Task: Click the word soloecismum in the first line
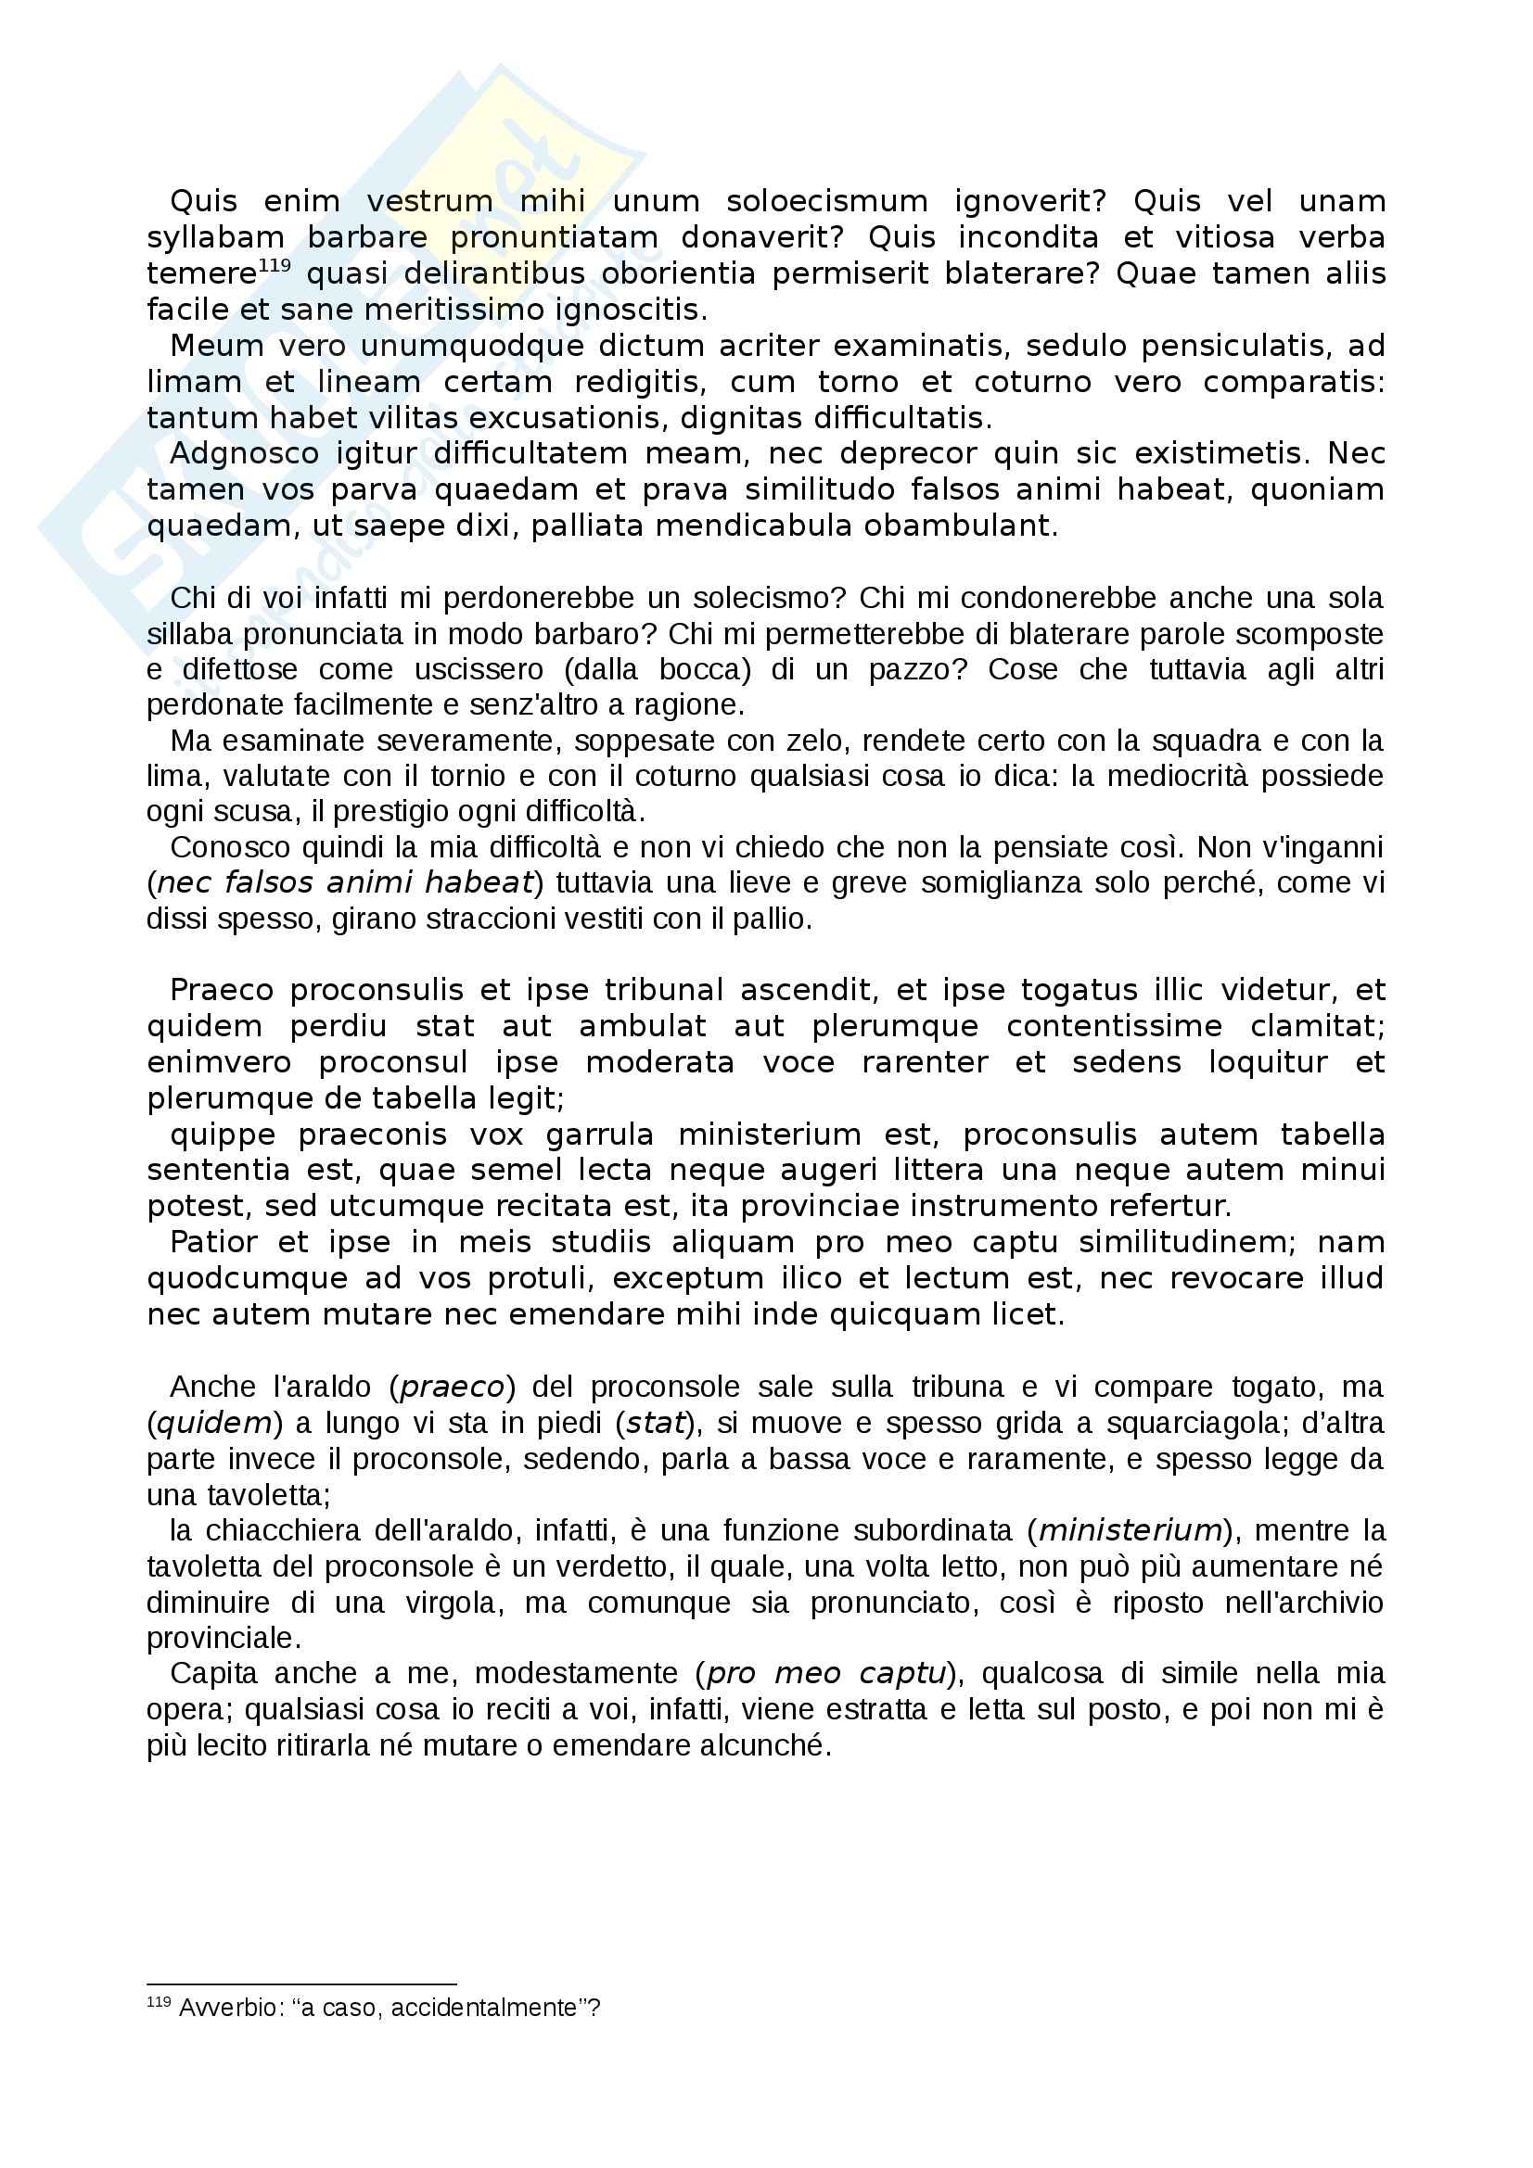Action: coord(826,201)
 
